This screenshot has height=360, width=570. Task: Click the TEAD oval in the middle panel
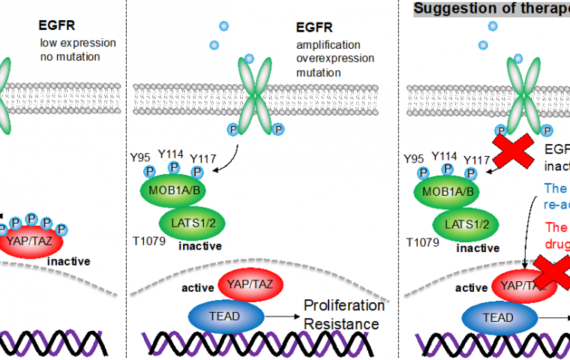(226, 316)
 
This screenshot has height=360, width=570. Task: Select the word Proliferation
(343, 306)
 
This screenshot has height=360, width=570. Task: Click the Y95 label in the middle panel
(140, 157)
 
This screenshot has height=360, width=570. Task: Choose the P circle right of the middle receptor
(279, 130)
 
